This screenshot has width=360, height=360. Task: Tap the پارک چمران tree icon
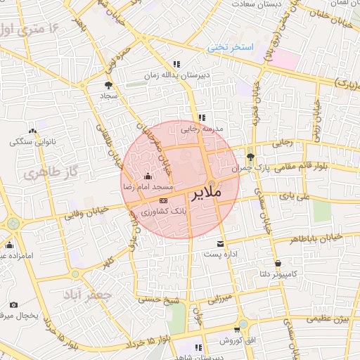click(251, 157)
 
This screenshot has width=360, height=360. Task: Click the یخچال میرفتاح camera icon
click(13, 305)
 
